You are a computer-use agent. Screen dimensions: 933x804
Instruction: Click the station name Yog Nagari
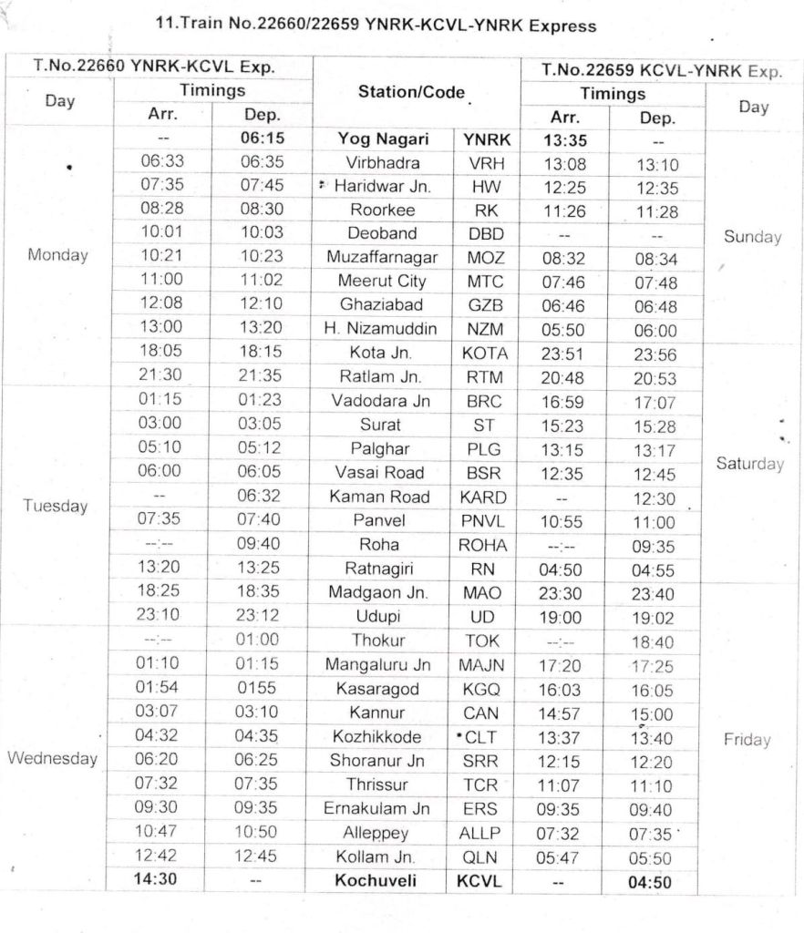tap(383, 141)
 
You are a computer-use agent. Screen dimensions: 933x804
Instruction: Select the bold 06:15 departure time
tap(262, 141)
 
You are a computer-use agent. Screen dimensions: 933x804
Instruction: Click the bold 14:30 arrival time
tap(160, 882)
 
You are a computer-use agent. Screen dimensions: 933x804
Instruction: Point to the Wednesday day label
tap(53, 759)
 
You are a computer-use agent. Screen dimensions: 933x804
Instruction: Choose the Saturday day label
tap(750, 464)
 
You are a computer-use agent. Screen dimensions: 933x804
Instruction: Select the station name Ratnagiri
tap(381, 569)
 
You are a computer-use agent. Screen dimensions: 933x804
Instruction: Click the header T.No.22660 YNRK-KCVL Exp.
tap(154, 67)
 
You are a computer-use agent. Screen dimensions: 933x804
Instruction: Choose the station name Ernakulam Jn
tap(377, 808)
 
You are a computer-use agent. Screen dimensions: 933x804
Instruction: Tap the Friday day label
tap(747, 739)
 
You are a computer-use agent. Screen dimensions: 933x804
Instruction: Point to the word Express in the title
tap(557, 26)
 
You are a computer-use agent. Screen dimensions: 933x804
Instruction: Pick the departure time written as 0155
tap(262, 688)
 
